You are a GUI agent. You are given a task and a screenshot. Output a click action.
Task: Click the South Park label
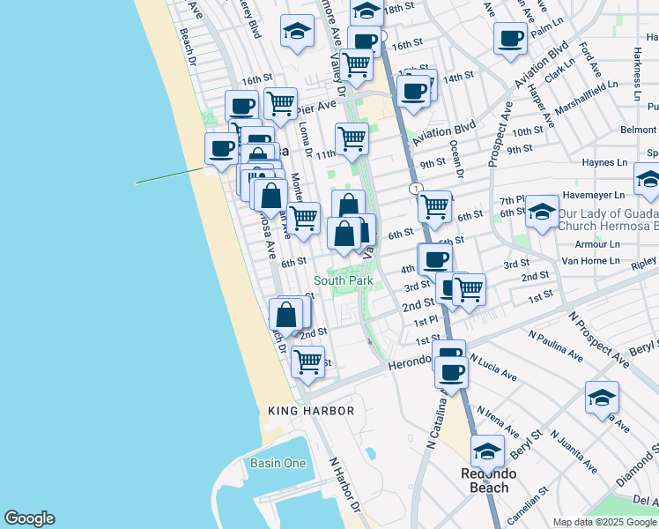[x=343, y=280]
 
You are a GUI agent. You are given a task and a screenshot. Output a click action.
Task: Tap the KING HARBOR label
[x=311, y=411]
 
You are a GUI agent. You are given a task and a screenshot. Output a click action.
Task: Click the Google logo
[x=28, y=518]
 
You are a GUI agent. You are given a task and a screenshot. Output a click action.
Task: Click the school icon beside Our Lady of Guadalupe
[x=543, y=211]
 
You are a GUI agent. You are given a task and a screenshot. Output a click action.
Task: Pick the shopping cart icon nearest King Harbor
[x=307, y=361]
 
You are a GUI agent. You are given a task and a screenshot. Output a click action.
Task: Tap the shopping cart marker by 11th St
[x=351, y=138]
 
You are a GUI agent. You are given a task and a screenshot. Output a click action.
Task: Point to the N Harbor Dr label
[x=344, y=485]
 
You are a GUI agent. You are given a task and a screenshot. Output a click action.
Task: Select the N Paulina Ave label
[x=555, y=346]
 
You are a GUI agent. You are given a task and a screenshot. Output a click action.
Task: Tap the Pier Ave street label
[x=316, y=108]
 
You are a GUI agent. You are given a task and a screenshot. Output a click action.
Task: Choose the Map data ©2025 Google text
[x=604, y=522]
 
